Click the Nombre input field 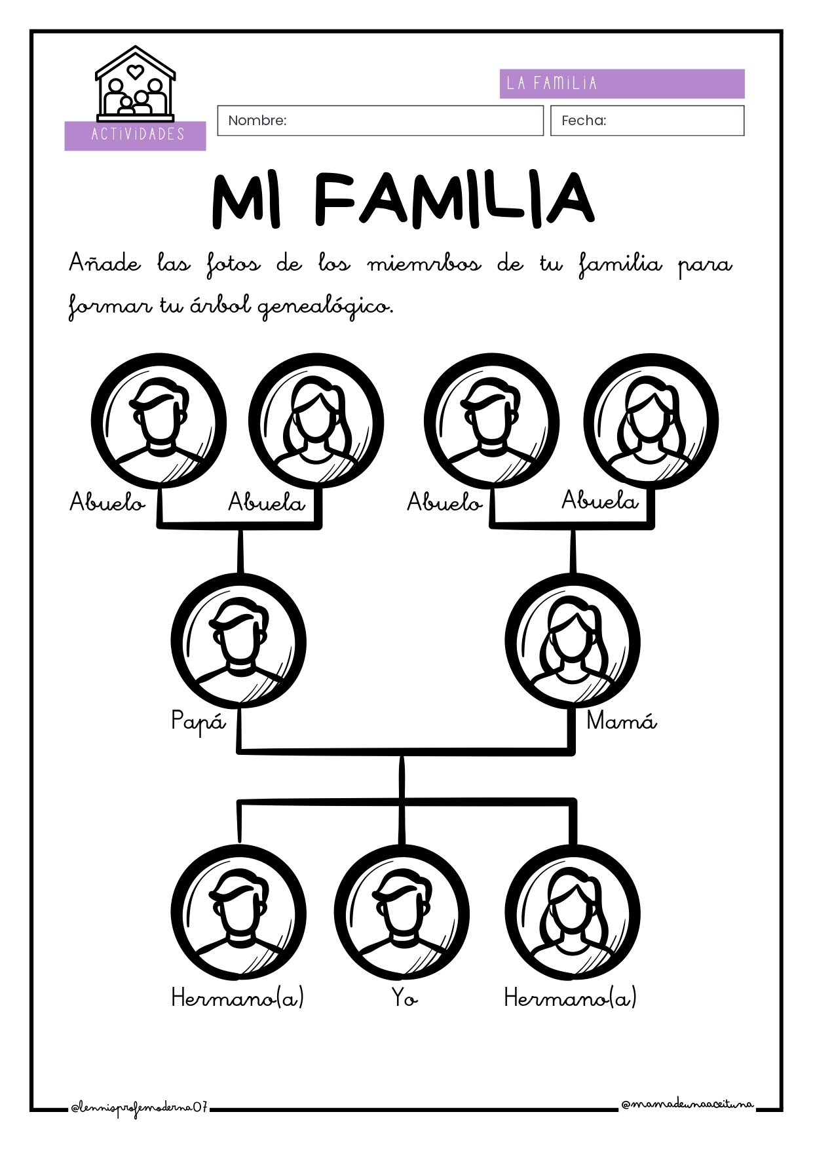coord(380,121)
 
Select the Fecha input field coord(647,121)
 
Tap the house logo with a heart coord(136,83)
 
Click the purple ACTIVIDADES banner coord(135,136)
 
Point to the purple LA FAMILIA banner coord(622,84)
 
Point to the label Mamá coord(622,720)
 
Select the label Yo coord(405,997)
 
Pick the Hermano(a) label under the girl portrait coord(570,998)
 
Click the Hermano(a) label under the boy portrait coord(237,998)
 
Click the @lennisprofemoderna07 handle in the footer coord(140,1108)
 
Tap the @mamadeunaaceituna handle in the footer coord(687,1105)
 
